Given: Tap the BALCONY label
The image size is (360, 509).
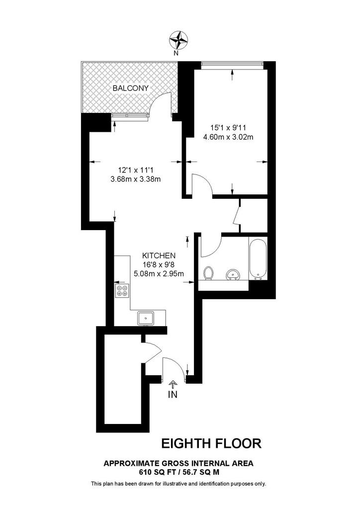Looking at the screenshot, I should tap(130, 88).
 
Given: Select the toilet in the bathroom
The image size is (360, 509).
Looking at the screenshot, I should tap(209, 273).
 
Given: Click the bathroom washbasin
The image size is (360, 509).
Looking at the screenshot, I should tap(232, 274).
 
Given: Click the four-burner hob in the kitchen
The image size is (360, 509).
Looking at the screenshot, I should tap(122, 290).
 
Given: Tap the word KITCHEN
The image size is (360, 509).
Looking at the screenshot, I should tap(158, 255).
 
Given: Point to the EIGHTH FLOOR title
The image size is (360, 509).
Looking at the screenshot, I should tap(212, 442).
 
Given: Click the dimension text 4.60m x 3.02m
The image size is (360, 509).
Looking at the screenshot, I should tap(228, 137).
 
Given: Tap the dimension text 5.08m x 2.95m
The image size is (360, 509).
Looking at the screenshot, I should tap(159, 273).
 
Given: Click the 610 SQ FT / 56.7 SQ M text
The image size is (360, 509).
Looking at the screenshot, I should tap(179, 472).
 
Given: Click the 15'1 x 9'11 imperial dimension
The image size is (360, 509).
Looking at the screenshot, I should tap(228, 128).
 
